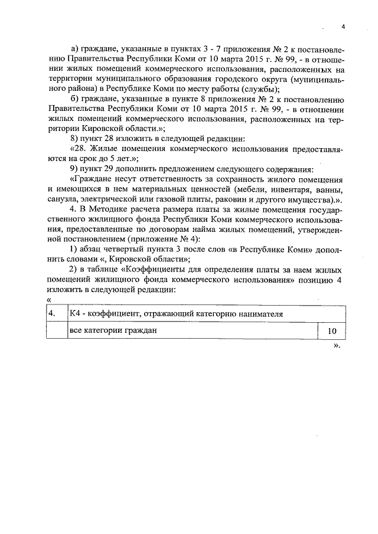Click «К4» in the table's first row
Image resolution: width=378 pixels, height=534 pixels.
[x=75, y=313]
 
